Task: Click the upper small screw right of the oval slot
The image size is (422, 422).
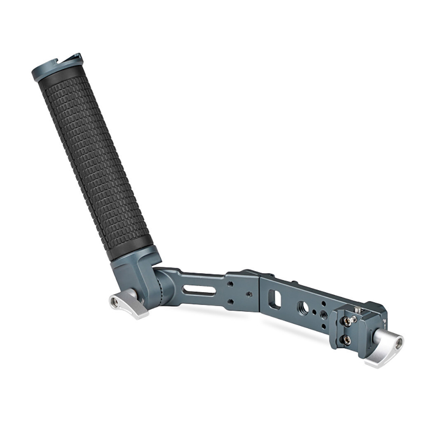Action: coord(231,284)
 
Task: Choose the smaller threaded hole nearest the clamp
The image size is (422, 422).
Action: coord(324,314)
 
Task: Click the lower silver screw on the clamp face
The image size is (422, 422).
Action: coord(347,340)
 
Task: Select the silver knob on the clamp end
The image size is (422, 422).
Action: coord(385,347)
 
